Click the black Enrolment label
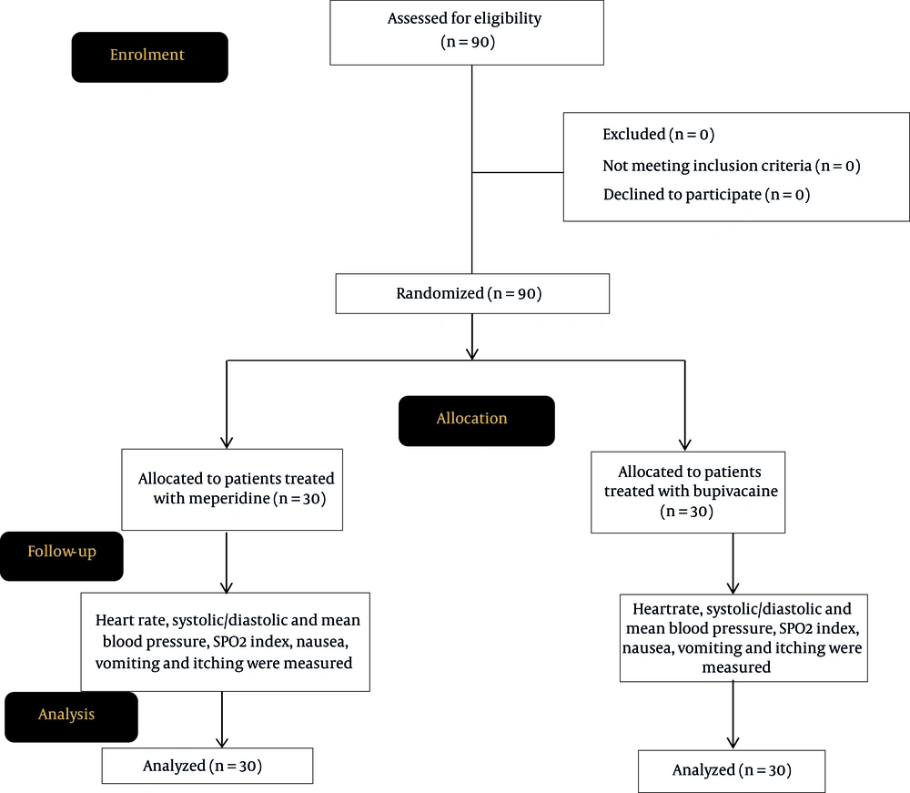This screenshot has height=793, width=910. click(150, 56)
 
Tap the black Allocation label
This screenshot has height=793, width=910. click(477, 421)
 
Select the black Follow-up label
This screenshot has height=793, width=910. click(62, 556)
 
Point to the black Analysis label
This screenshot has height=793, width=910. click(71, 717)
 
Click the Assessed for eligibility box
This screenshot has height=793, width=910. click(467, 33)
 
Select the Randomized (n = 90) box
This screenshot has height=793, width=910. click(472, 294)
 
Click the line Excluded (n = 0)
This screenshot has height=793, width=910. click(658, 134)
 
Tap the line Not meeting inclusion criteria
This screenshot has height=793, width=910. click(732, 166)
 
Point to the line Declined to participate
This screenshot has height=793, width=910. click(706, 195)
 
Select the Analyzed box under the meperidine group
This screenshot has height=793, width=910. click(207, 766)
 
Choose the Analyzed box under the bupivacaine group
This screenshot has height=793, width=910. click(732, 771)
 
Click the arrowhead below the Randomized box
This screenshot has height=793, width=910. click(472, 353)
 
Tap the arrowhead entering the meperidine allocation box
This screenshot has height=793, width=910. click(227, 442)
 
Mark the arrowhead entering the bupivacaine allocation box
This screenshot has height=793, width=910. click(685, 444)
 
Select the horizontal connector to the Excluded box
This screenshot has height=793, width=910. click(518, 172)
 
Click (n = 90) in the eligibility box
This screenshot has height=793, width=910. click(468, 42)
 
